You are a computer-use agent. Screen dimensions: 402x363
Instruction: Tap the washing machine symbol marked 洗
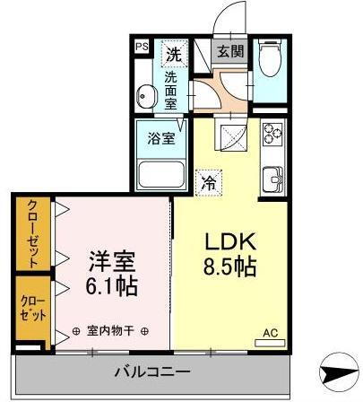175,54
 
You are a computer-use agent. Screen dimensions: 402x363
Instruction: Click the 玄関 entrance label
228,51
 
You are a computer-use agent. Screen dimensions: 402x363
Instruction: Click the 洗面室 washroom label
171,90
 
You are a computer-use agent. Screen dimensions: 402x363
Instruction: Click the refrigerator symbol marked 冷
208,183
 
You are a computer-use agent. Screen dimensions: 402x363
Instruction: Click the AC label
269,334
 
